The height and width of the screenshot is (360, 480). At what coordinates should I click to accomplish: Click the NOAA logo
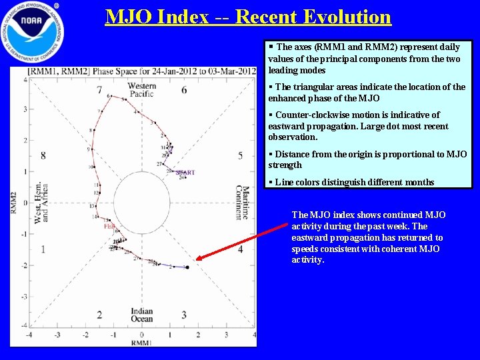pyautogui.click(x=33, y=33)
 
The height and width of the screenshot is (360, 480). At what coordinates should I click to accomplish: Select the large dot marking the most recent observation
pyautogui.click(x=187, y=267)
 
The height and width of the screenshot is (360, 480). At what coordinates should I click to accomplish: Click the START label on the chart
pyautogui.click(x=185, y=172)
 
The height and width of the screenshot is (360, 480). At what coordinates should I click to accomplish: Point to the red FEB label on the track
pyautogui.click(x=109, y=226)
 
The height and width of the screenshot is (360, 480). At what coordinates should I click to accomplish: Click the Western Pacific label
pyautogui.click(x=141, y=90)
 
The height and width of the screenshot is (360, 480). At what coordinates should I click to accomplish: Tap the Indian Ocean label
pyautogui.click(x=141, y=315)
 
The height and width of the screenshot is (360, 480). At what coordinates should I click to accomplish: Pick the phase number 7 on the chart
pyautogui.click(x=99, y=90)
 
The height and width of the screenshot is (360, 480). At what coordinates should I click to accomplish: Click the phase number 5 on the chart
pyautogui.click(x=240, y=156)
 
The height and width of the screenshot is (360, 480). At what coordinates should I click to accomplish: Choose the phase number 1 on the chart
pyautogui.click(x=43, y=249)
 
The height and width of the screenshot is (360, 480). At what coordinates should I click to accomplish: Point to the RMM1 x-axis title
pyautogui.click(x=141, y=343)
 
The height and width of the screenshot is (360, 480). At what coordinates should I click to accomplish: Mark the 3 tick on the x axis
pyautogui.click(x=226, y=335)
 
